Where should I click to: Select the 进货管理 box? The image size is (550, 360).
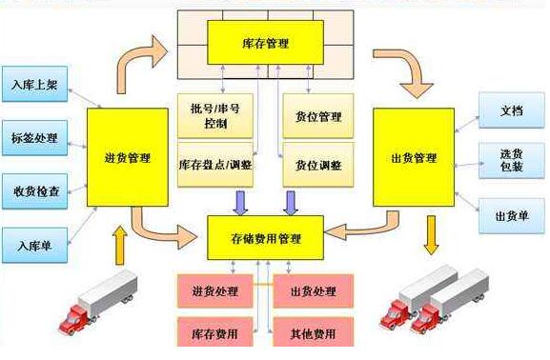(128, 158)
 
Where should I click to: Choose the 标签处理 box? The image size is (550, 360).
(34, 137)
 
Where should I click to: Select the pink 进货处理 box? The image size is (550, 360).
(215, 290)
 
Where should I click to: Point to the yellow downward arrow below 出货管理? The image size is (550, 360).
(432, 233)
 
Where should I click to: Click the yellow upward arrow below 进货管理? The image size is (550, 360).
(120, 246)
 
